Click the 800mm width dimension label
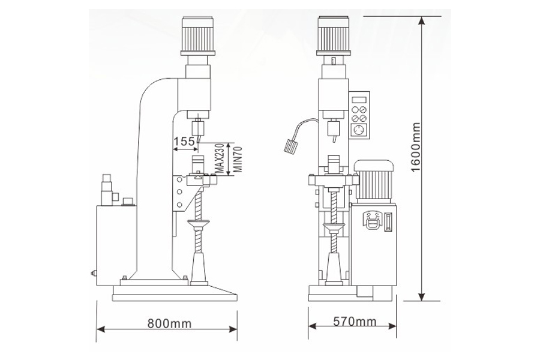coord(169,324)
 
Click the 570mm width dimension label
coord(353,322)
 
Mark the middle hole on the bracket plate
coord(178,192)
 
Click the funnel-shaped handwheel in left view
coord(199,226)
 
